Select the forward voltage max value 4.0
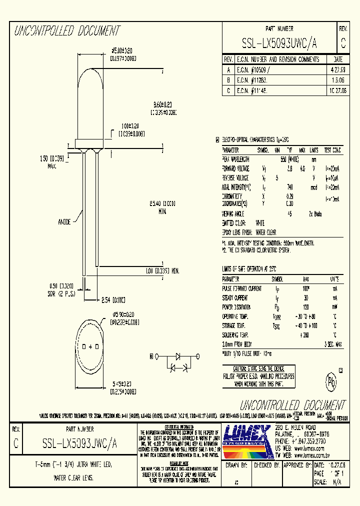pyautogui.click(x=302, y=168)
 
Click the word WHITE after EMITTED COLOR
pyautogui.click(x=260, y=222)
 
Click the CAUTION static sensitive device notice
pyautogui.click(x=258, y=375)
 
